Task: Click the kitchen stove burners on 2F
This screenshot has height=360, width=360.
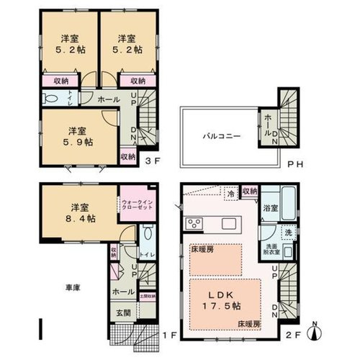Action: [192, 221]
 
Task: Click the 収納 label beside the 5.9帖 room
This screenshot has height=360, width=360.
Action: [128, 156]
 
